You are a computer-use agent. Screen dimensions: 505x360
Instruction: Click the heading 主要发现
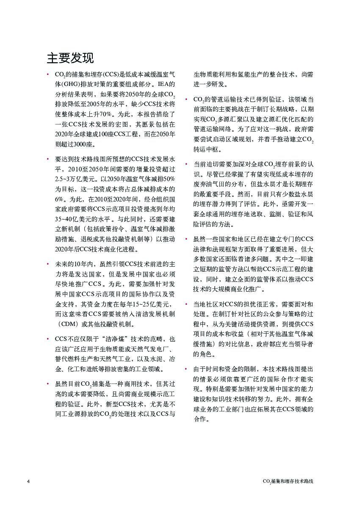[70, 58]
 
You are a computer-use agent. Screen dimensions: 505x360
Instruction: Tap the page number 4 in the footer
[28, 482]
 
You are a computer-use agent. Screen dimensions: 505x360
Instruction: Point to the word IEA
[168, 83]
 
